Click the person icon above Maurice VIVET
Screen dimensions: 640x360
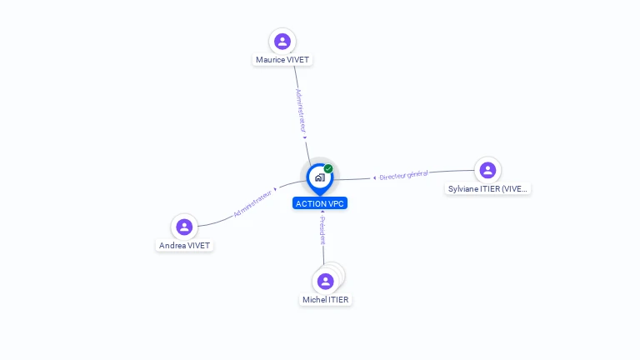[x=282, y=42]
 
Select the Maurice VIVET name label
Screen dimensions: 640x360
[x=282, y=60]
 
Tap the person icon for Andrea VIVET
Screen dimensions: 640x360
[x=184, y=227]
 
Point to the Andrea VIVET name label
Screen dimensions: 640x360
[x=185, y=246]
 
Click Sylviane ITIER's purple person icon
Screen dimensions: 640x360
[x=487, y=170]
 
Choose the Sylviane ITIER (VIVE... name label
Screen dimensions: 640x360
[x=487, y=189]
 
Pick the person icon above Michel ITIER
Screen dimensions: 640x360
[x=325, y=282]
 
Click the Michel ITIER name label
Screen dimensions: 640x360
[x=326, y=300]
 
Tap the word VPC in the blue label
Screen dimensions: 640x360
[x=336, y=204]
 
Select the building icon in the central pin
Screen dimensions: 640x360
[x=319, y=177]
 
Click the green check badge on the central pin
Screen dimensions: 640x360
[x=328, y=168]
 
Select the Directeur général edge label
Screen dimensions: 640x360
[x=403, y=175]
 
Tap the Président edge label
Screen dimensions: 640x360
[x=322, y=230]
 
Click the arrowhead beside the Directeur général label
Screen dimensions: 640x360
[x=374, y=177]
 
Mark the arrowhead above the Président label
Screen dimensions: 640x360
[x=322, y=212]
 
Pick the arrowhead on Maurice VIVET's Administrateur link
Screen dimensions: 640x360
[x=305, y=137]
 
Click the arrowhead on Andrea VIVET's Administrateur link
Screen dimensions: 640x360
[x=276, y=189]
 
